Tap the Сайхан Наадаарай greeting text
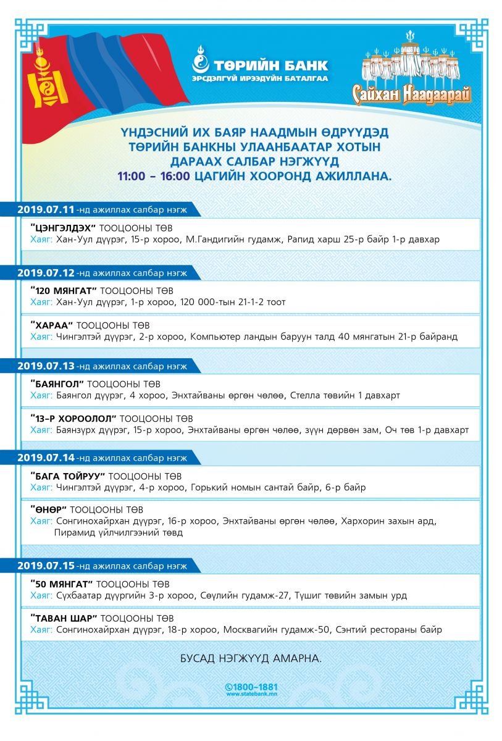pyautogui.click(x=412, y=94)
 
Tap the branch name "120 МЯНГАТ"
pyautogui.click(x=63, y=291)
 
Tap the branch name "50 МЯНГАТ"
pyautogui.click(x=61, y=584)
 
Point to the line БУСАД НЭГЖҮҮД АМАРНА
pyautogui.click(x=251, y=658)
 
